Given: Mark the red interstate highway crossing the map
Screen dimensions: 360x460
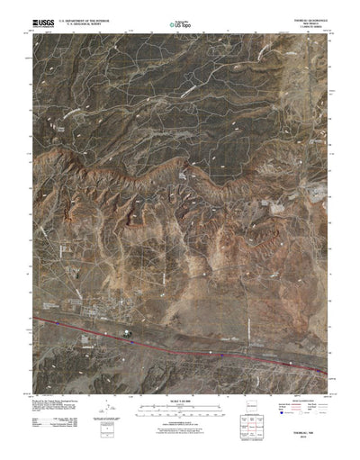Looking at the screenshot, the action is coord(225,346).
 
